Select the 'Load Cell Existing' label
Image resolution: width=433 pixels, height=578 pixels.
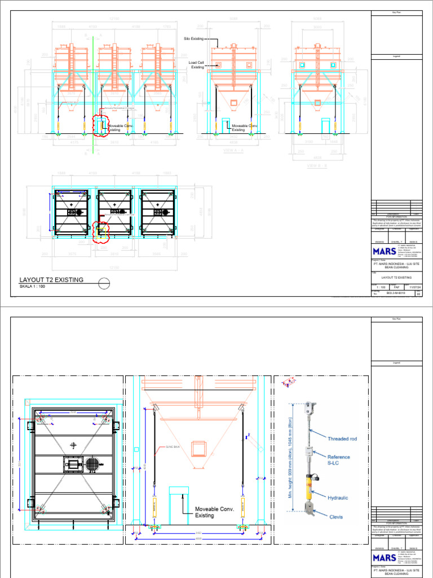click(x=196, y=64)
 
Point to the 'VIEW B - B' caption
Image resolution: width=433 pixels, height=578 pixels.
click(x=318, y=166)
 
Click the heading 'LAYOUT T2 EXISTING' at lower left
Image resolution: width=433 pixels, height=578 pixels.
click(x=51, y=279)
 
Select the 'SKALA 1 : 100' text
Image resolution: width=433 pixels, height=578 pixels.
click(x=32, y=287)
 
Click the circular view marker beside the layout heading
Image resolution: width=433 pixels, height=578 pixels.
click(x=103, y=283)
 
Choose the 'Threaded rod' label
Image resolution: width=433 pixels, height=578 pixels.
click(x=342, y=438)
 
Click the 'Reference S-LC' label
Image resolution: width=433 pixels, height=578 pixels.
click(x=339, y=460)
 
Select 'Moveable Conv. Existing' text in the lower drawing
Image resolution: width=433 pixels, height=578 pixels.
click(x=213, y=512)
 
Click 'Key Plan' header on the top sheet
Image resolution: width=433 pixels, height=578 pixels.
click(x=395, y=12)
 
